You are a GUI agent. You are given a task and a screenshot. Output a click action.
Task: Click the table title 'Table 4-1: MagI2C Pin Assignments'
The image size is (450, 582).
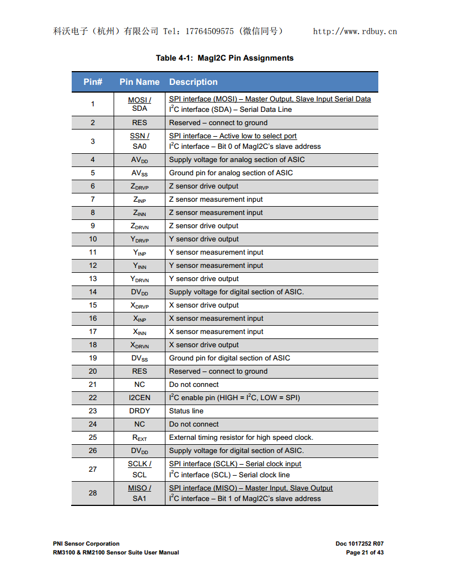click(x=224, y=58)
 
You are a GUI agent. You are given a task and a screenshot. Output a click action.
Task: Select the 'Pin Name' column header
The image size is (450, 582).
click(x=140, y=82)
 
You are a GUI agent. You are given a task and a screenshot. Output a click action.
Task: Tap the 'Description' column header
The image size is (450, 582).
click(x=193, y=82)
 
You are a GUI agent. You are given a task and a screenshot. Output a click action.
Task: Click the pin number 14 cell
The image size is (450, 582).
click(x=93, y=292)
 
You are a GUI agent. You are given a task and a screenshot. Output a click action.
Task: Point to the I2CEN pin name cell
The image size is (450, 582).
click(x=140, y=398)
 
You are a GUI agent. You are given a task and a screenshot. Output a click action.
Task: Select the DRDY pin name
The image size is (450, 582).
click(x=140, y=411)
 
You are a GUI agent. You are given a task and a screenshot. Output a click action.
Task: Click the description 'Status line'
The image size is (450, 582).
click(x=186, y=411)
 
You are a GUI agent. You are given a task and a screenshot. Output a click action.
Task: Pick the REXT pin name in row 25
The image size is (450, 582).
click(x=140, y=438)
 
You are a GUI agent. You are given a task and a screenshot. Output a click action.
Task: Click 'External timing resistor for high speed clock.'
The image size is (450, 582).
click(x=241, y=438)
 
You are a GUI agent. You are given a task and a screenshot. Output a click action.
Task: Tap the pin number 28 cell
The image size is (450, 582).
click(x=93, y=493)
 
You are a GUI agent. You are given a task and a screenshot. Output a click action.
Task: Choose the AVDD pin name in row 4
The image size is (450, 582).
click(x=140, y=160)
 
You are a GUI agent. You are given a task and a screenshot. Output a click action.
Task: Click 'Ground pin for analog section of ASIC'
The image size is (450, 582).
click(x=231, y=173)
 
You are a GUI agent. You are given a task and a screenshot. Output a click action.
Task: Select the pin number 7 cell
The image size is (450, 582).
click(x=93, y=200)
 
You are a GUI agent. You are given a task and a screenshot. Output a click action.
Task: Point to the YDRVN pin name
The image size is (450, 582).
click(x=140, y=279)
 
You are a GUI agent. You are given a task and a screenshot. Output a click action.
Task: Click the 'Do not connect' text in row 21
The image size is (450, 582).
click(x=194, y=385)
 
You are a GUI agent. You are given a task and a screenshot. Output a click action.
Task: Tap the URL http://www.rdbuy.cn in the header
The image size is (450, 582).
click(x=355, y=31)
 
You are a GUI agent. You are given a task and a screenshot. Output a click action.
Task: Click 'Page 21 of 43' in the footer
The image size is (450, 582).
click(x=365, y=552)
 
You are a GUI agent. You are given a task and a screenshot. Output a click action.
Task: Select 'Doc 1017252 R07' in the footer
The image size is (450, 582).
click(x=360, y=543)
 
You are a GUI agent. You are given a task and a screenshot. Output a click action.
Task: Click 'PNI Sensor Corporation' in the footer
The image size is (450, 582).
click(x=86, y=543)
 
